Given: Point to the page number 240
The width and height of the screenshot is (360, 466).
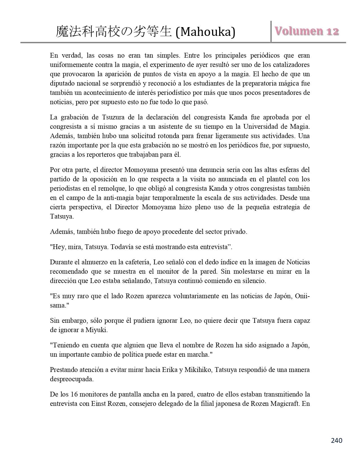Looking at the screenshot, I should (x=336, y=440).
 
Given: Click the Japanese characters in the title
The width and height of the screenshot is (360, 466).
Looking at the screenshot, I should (x=114, y=32).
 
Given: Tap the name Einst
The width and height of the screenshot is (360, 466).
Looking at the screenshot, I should (x=99, y=404).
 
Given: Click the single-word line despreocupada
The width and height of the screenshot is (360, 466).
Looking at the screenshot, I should (x=72, y=379).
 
